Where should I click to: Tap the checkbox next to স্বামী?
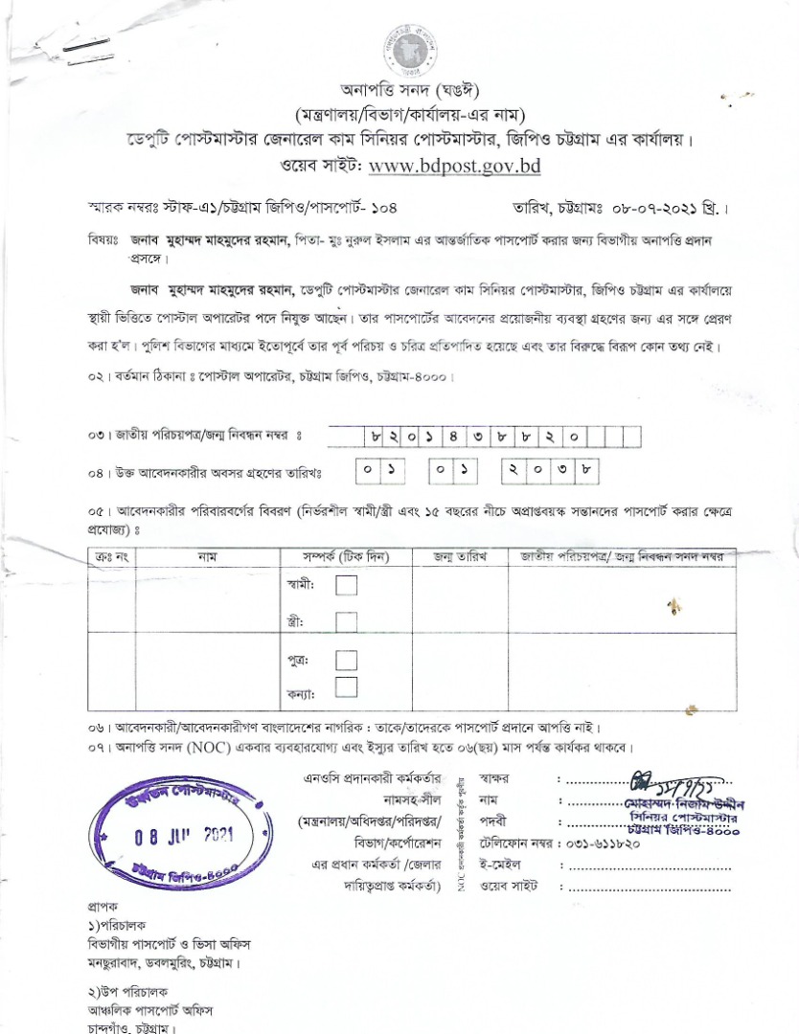(346, 584)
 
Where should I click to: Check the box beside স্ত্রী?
(346, 621)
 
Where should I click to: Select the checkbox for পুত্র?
(346, 660)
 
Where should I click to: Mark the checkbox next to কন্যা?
(346, 687)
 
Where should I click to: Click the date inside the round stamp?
(184, 835)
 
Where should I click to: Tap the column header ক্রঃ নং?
(113, 556)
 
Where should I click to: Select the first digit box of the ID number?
(377, 437)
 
